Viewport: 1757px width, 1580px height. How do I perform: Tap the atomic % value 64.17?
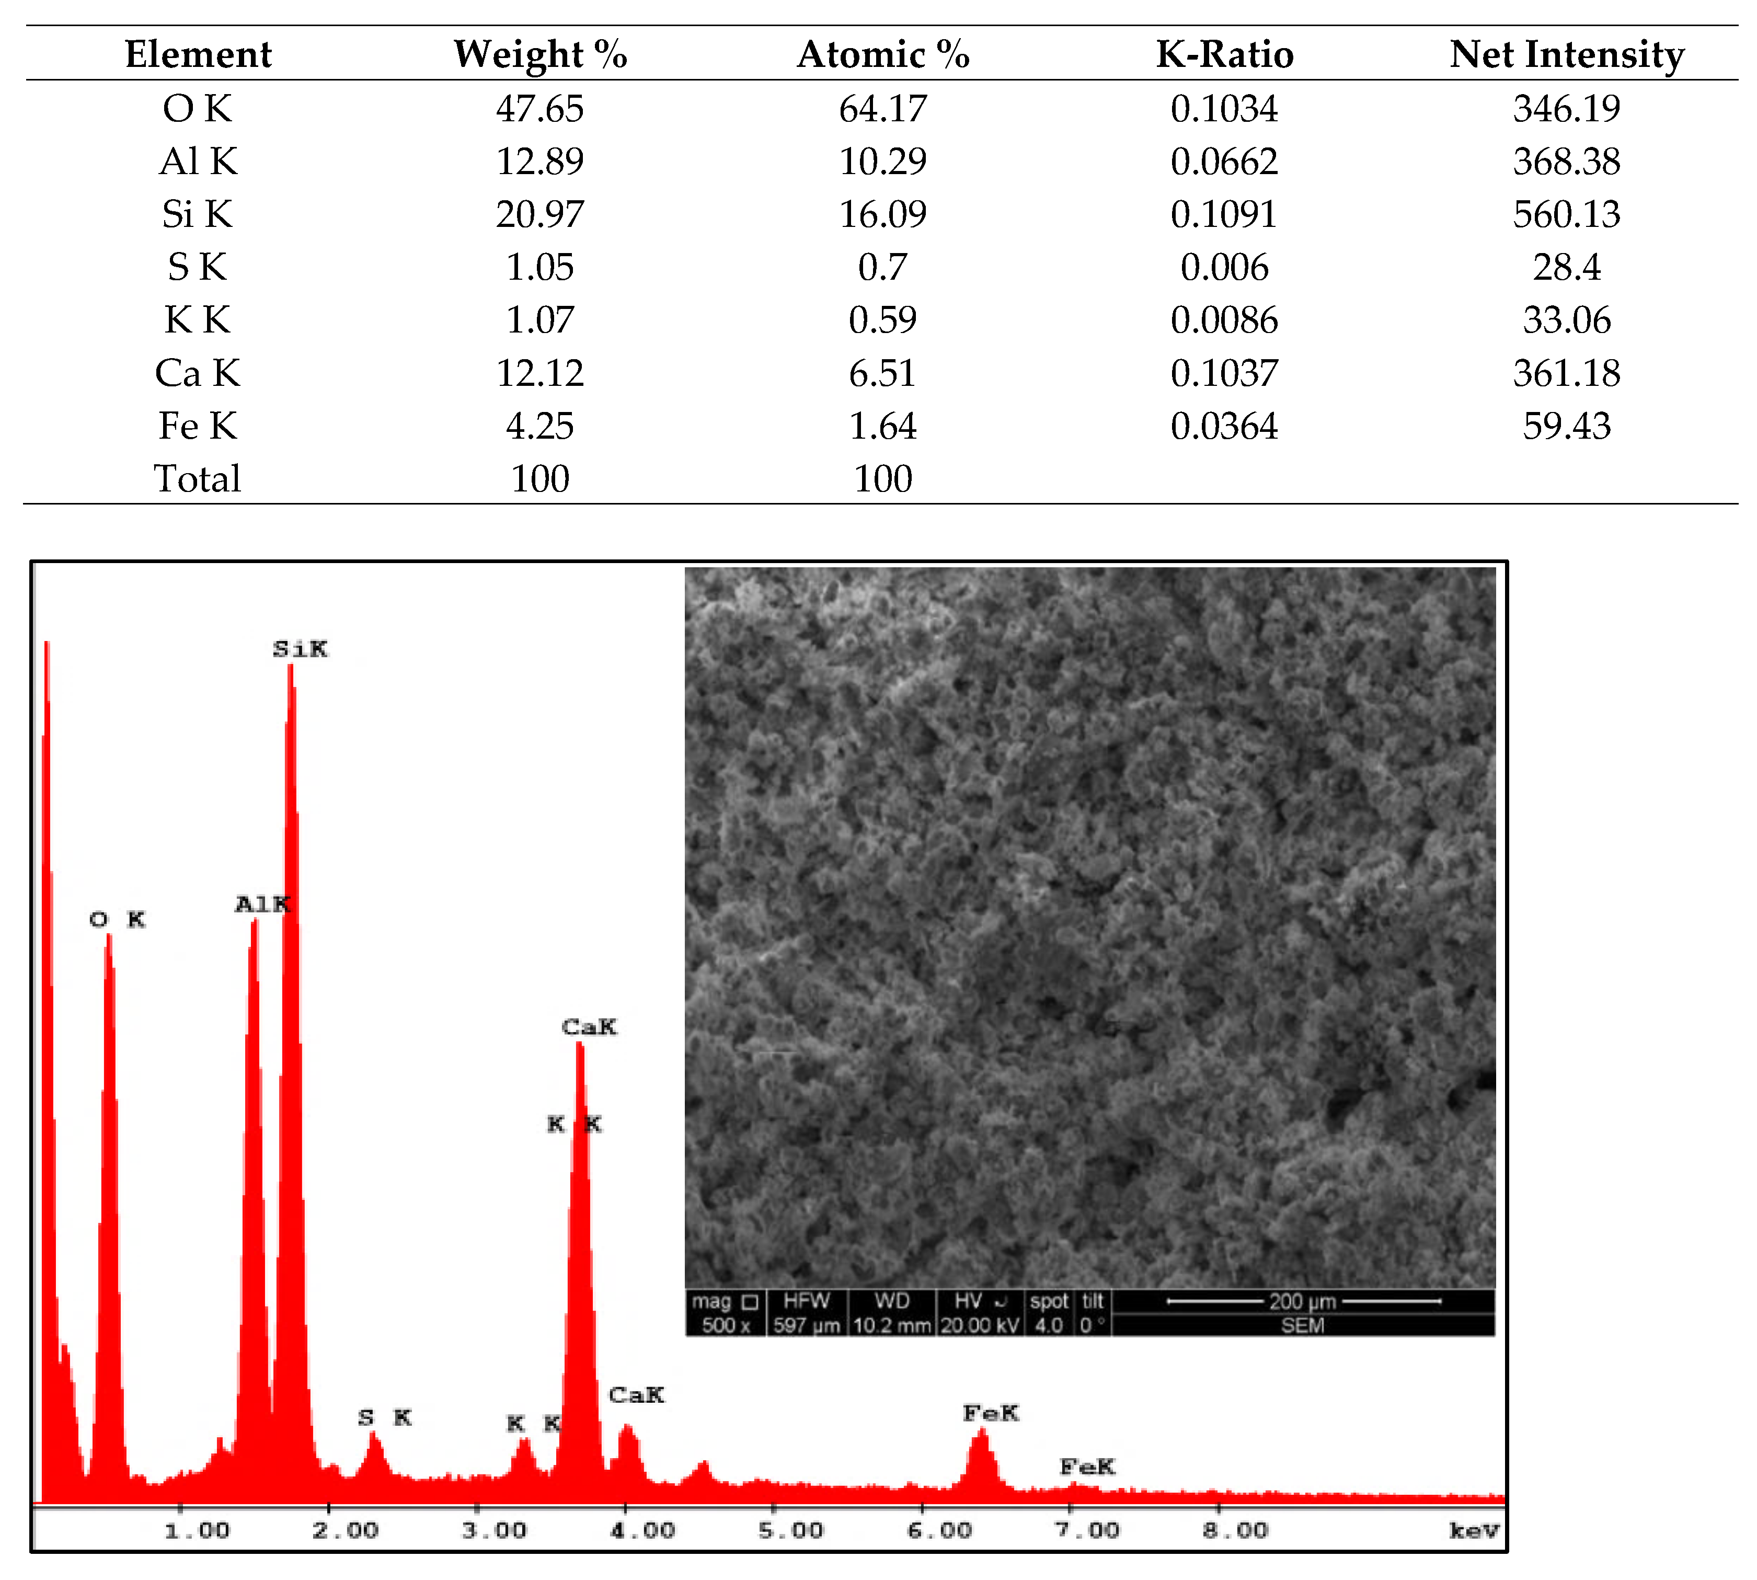tap(883, 109)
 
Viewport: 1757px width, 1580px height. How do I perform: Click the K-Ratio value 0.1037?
tap(1224, 373)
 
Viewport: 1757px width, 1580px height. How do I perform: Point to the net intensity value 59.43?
tap(1567, 426)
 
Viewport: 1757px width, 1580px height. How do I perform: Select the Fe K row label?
tap(198, 426)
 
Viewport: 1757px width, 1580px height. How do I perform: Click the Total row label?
tap(198, 479)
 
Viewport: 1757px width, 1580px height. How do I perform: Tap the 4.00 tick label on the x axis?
tap(642, 1530)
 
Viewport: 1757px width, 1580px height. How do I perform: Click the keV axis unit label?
tap(1474, 1530)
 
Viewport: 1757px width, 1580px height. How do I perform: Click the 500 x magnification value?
tap(726, 1325)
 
